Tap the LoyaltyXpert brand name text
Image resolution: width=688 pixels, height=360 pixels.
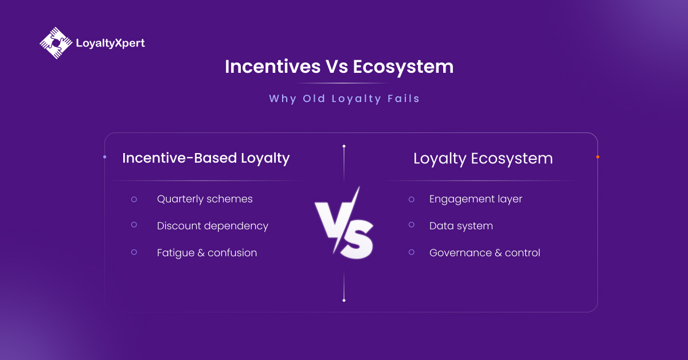pos(110,43)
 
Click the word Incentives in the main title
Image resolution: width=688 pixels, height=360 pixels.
pos(272,66)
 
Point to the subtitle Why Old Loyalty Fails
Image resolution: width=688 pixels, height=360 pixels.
pos(344,99)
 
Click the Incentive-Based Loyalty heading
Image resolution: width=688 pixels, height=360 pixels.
pos(206,158)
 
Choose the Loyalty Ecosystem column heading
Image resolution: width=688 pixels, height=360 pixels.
pos(483,158)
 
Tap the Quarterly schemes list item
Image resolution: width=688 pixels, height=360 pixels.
pos(205,199)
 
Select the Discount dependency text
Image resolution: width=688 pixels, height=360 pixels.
pos(212,226)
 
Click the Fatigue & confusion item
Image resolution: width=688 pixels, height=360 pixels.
pos(206,253)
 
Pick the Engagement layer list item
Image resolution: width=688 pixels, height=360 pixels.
pos(475,199)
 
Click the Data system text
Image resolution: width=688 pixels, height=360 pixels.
pos(461,226)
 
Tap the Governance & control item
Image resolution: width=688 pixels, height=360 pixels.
pos(484,253)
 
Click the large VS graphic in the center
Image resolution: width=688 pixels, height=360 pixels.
pos(344,224)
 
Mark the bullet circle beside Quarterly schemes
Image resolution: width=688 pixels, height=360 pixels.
pos(134,199)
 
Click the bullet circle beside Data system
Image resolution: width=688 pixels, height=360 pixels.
pos(412,225)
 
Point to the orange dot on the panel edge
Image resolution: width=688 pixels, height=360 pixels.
pos(597,156)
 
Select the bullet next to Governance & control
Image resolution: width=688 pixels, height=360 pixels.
pos(412,252)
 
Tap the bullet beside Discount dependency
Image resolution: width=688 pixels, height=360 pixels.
pos(134,225)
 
